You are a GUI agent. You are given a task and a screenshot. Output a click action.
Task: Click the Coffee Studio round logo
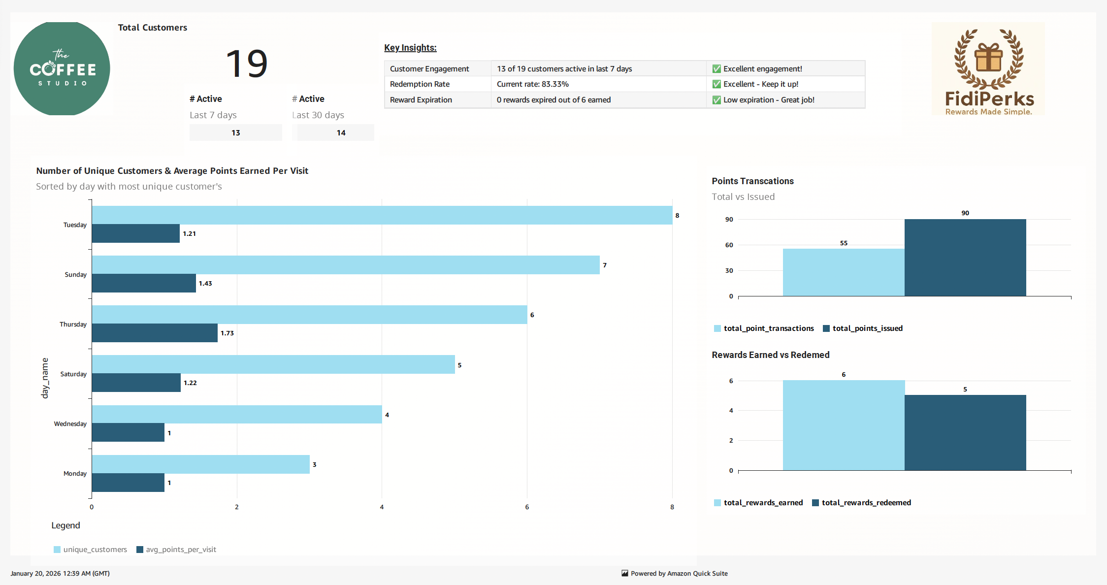coord(62,69)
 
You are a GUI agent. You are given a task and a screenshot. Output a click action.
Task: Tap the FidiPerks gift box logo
coord(988,69)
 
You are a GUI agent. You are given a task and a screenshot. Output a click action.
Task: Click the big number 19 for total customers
coord(247,64)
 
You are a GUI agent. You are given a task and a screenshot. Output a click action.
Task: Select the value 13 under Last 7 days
coord(236,133)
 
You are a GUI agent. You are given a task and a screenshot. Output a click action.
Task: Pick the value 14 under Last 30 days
coord(341,133)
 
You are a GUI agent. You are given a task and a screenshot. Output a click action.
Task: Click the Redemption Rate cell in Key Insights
coord(420,84)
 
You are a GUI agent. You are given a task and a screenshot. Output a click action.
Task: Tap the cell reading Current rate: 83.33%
coord(533,84)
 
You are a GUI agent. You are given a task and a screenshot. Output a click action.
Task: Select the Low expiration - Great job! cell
coord(768,100)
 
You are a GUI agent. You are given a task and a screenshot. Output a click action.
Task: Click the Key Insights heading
coord(410,48)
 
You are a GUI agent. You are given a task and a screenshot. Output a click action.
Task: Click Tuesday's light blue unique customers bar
coord(382,215)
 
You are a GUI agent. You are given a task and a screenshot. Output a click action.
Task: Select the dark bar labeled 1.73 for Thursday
coord(155,333)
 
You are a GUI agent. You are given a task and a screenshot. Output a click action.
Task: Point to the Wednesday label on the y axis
coord(70,424)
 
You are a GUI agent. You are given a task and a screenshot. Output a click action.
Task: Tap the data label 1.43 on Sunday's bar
coord(205,284)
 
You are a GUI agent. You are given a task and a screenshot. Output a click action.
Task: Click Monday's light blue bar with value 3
coord(200,464)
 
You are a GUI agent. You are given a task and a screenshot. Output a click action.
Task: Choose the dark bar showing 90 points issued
coord(965,258)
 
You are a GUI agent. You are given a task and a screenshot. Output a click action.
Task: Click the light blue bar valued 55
coord(844,272)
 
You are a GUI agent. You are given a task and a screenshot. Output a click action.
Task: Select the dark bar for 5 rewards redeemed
coord(965,432)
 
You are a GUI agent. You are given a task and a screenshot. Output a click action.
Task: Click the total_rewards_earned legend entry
coord(763,503)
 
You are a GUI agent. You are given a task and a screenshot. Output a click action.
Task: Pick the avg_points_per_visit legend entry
coord(181,550)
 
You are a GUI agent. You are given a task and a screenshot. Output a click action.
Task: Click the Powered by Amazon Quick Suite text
coord(679,574)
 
